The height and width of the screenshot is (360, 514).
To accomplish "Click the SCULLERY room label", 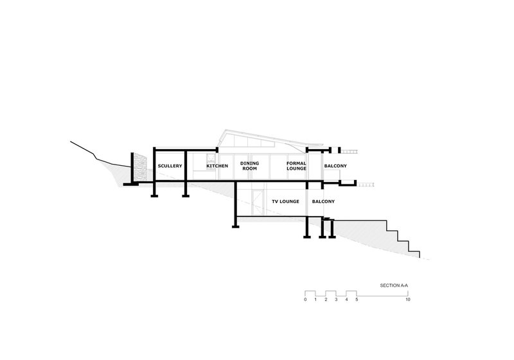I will tap(170, 166).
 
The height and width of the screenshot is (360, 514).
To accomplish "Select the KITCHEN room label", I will tap(217, 166).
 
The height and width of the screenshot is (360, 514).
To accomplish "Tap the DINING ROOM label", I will tap(250, 166).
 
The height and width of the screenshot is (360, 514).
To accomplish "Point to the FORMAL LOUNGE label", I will tap(296, 166).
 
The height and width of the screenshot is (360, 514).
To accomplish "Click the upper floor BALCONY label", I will tap(335, 166).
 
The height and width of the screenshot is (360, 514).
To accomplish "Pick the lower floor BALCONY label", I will tap(323, 202).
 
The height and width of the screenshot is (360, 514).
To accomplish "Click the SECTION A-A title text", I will tap(394, 284).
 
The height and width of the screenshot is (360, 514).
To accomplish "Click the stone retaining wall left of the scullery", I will tap(137, 168).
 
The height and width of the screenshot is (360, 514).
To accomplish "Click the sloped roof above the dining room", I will tap(257, 136).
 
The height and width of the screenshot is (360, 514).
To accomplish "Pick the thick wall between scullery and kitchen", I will tap(185, 167).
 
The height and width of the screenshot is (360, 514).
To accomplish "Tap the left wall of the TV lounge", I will tap(236, 203).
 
